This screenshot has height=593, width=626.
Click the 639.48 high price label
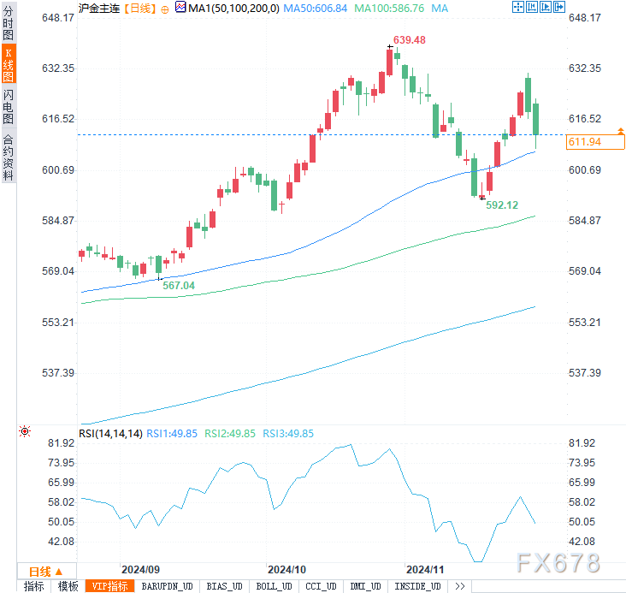[410, 40]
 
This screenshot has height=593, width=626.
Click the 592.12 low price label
[502, 205]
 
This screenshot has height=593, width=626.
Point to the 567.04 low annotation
[179, 286]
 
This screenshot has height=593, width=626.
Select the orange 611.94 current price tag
[584, 142]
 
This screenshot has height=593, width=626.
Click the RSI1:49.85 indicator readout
[174, 434]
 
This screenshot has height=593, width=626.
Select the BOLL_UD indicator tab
[274, 586]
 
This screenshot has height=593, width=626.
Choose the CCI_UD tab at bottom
[321, 586]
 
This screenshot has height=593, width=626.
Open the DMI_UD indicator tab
[366, 586]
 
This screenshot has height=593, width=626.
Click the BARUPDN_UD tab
[167, 586]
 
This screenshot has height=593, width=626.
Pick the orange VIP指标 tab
[110, 586]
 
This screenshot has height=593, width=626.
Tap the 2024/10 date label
[287, 569]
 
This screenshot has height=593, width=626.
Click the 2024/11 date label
[425, 569]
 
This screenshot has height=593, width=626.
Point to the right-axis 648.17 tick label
[585, 18]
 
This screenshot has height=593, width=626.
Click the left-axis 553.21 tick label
[37, 323]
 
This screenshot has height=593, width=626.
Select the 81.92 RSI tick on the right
[582, 443]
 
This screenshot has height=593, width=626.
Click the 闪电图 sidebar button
[9, 105]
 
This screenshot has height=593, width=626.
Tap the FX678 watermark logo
[558, 562]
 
